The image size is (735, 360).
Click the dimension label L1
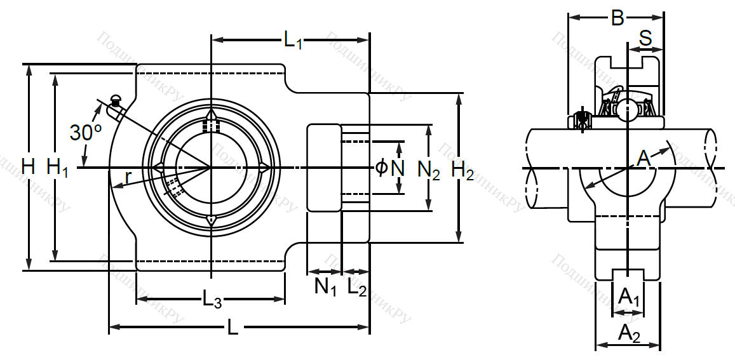[293, 42]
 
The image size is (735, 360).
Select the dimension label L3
[212, 298]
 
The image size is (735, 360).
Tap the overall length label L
[233, 328]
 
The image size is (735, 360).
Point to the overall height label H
[27, 168]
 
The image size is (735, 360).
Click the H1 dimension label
[57, 168]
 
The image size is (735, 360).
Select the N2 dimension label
[429, 170]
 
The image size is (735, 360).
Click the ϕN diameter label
[390, 168]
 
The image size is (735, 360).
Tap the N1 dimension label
[325, 288]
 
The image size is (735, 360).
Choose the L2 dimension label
[357, 288]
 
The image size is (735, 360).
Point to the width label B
[617, 19]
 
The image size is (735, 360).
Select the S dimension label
[645, 39]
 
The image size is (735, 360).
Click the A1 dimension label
[628, 297]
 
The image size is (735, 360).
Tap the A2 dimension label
[629, 332]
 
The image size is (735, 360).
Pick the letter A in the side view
[644, 157]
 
